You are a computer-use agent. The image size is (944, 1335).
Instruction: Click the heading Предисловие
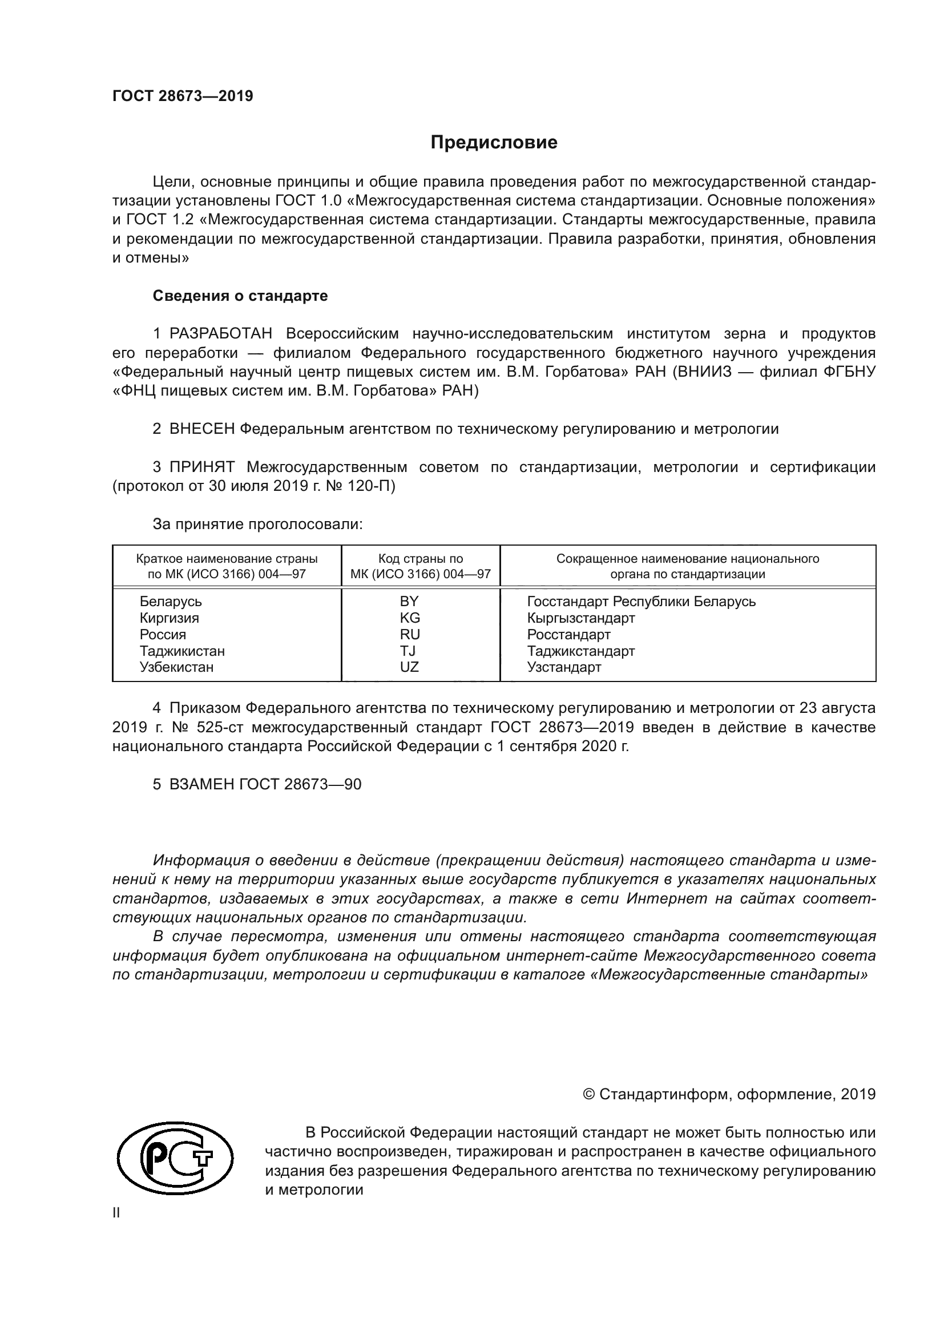point(494,143)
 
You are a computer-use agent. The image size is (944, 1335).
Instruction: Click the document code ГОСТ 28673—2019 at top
point(183,96)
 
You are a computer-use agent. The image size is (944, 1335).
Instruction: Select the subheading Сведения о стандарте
point(240,296)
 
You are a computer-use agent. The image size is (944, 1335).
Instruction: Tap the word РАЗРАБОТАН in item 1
point(221,334)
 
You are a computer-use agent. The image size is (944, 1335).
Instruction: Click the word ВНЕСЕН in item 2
point(201,429)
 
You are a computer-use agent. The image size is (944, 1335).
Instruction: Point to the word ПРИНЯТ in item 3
point(201,467)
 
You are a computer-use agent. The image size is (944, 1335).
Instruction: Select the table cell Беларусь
point(170,601)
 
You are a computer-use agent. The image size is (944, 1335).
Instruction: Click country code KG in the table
point(410,618)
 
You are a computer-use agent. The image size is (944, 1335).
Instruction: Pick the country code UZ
point(409,667)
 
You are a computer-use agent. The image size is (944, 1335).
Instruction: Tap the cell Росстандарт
point(568,634)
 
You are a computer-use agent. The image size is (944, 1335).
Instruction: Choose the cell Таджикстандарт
point(580,651)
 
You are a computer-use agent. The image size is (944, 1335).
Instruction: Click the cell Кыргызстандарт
point(580,618)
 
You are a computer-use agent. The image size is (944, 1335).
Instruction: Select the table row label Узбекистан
point(176,667)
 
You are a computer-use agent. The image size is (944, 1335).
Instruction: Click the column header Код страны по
point(420,559)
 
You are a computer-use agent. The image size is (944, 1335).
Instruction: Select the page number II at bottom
point(116,1213)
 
